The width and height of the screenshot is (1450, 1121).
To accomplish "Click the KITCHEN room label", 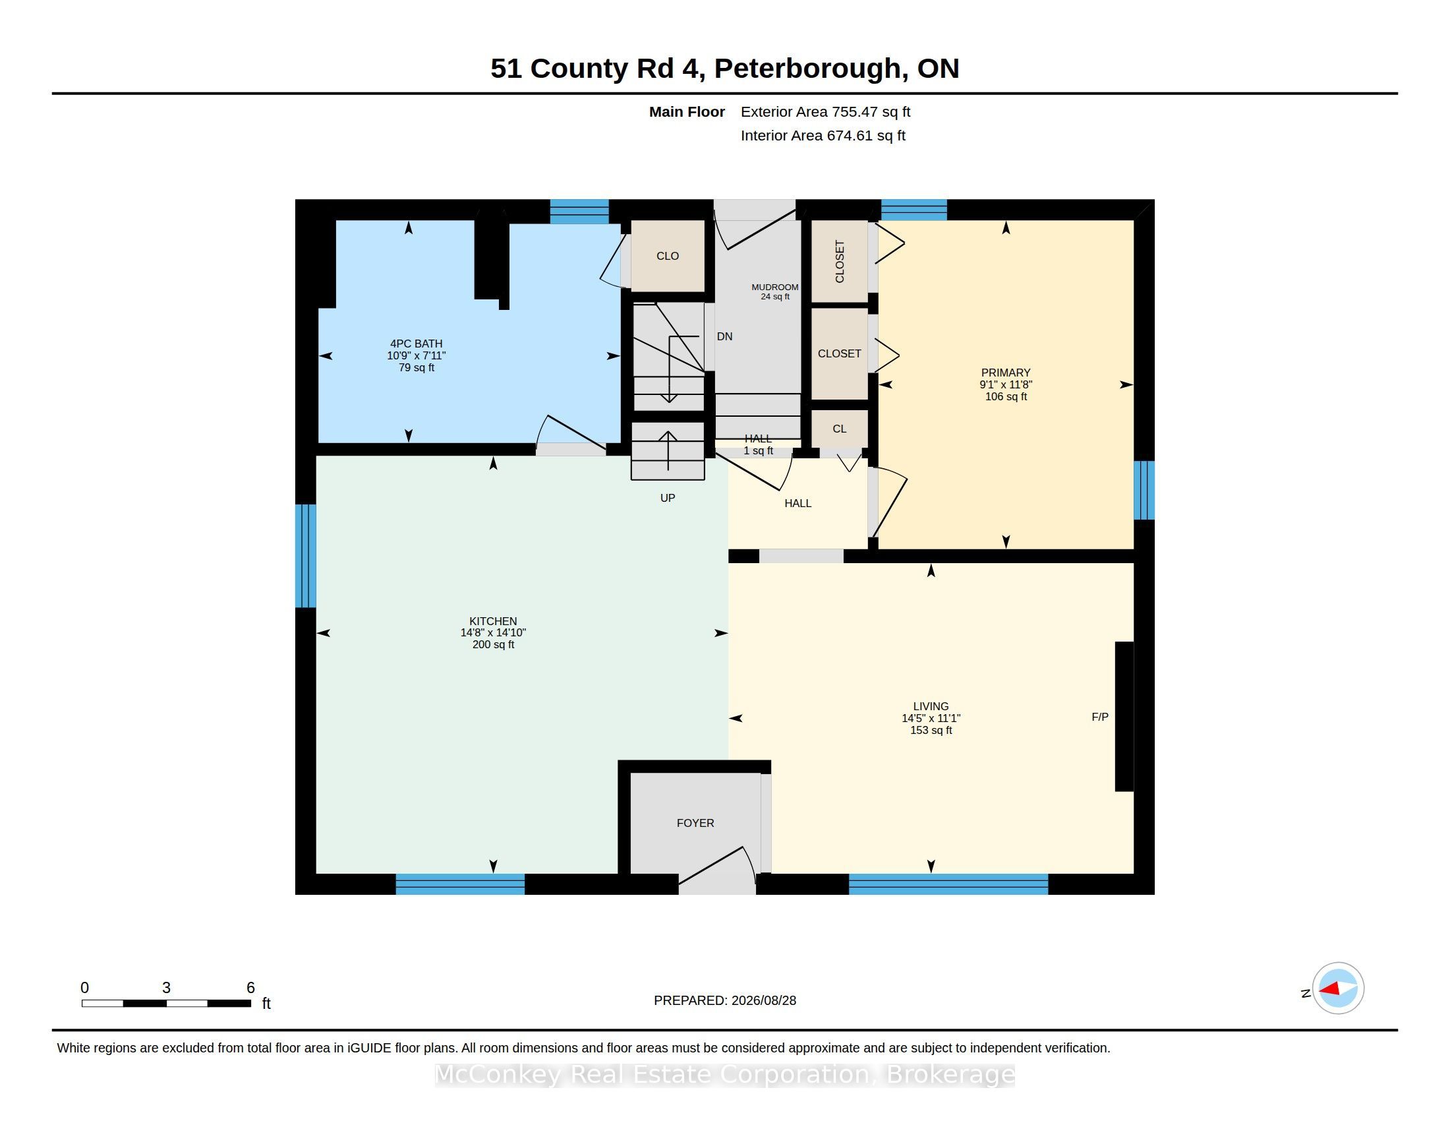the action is coord(492,622).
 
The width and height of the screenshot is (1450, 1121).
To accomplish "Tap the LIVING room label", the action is coord(931,707).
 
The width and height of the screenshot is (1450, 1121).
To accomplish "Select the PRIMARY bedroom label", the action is coord(1006,373).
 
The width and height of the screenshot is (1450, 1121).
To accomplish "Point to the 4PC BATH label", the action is coord(417,344).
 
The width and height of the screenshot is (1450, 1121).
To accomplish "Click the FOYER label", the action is coord(695,823).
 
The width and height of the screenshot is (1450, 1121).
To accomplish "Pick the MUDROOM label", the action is coord(775,287).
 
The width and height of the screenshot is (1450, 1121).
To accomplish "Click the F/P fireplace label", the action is coord(1100,717).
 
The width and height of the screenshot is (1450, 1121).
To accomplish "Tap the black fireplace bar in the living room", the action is coord(1124,716).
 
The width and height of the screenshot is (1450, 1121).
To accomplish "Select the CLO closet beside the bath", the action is coord(667,256).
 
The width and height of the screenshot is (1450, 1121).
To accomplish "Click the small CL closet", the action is coord(839,429).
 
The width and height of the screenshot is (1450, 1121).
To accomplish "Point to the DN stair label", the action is coord(724,337).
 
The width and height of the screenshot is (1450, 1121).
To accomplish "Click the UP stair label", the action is coord(667,498).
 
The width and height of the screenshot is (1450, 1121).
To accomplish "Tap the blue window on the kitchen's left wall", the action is coord(305,556).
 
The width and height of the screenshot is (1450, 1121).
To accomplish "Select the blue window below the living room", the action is coord(948,884).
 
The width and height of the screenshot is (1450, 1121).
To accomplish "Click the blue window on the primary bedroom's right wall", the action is coord(1144,490).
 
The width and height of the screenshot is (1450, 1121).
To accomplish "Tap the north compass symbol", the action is coord(1338,988).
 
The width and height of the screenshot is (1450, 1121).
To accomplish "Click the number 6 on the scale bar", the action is coord(250,988).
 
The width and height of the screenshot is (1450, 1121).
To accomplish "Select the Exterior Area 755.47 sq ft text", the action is coord(825,111).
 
